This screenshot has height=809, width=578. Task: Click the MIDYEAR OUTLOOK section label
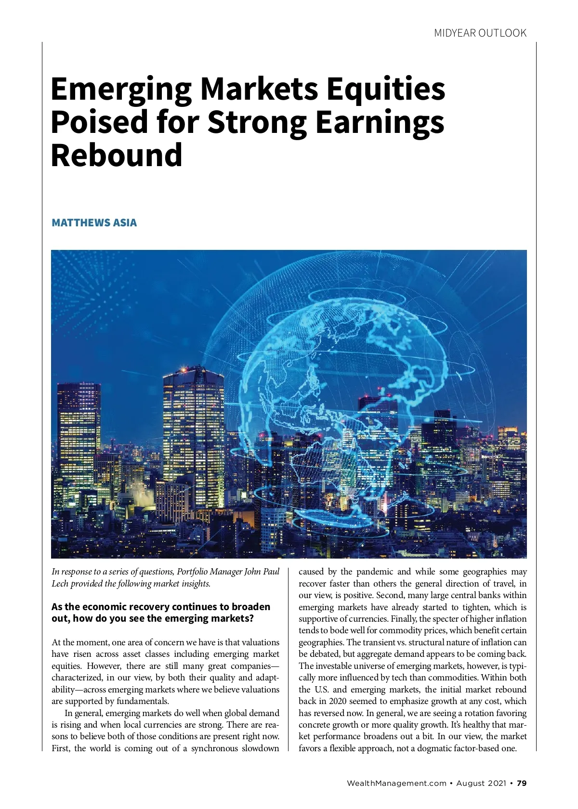(480, 33)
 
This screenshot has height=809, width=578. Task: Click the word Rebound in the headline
(117, 155)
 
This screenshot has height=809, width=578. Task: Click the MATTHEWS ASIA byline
(94, 222)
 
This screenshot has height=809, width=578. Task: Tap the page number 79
(522, 783)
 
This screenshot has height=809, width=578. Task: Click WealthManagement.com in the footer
(396, 783)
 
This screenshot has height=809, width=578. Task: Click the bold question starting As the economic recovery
(160, 612)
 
